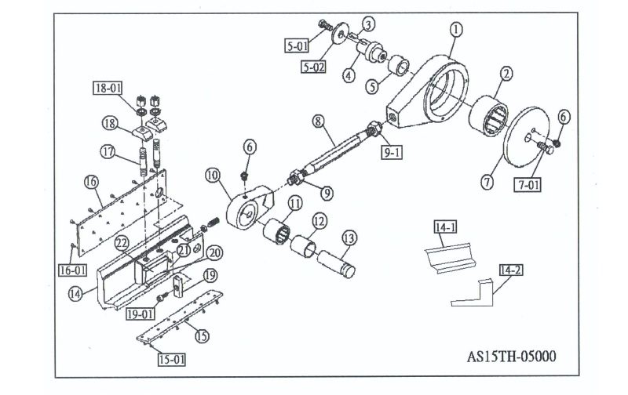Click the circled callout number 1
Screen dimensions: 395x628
(456, 30)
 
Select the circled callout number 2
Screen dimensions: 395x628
(507, 74)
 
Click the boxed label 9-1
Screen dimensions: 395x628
(392, 151)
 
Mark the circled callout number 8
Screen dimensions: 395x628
(318, 121)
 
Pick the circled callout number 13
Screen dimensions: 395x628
(349, 237)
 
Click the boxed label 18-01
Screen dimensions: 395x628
(108, 88)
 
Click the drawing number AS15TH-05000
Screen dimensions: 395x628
(511, 357)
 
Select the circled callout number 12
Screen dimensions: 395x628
(319, 222)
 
